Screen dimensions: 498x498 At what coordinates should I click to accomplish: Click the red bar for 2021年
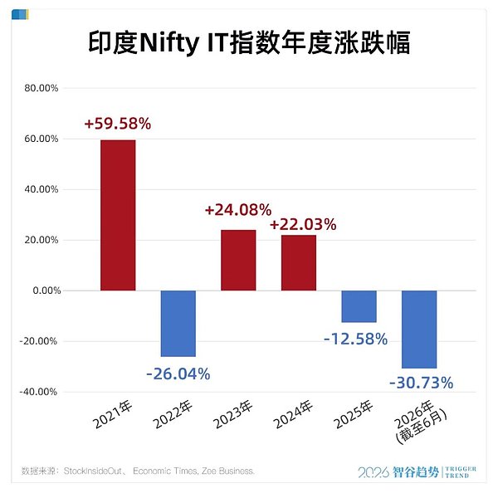click(x=118, y=215)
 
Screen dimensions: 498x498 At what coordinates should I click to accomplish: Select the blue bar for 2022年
click(x=178, y=324)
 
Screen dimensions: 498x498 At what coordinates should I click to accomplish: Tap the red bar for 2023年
click(x=238, y=260)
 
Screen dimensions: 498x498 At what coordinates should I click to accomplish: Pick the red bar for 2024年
click(x=299, y=262)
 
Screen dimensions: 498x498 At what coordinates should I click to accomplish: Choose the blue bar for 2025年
click(x=359, y=306)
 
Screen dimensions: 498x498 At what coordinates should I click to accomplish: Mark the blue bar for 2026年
click(x=419, y=330)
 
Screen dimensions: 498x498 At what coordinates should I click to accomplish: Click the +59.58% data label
click(x=118, y=123)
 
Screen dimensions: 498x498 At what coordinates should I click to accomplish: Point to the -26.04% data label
click(x=178, y=373)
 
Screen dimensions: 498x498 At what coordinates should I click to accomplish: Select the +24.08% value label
click(x=238, y=210)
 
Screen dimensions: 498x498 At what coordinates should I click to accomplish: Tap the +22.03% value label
click(x=303, y=224)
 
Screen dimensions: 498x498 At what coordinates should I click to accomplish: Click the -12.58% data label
click(x=356, y=339)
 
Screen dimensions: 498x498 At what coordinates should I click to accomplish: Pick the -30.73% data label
click(x=421, y=383)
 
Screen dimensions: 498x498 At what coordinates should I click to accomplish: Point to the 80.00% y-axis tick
click(x=41, y=88)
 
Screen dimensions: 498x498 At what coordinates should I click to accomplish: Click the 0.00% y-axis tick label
click(x=46, y=290)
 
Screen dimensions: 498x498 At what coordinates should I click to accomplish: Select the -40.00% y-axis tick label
click(x=38, y=392)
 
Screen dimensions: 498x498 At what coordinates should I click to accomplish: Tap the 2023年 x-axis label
click(x=232, y=414)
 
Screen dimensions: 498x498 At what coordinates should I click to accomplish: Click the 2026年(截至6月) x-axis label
click(x=421, y=422)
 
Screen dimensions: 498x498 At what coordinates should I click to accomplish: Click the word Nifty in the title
click(x=169, y=43)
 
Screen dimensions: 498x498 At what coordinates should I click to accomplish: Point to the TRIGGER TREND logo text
click(x=461, y=472)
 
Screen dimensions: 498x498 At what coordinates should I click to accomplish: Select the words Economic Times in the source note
click(x=165, y=471)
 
